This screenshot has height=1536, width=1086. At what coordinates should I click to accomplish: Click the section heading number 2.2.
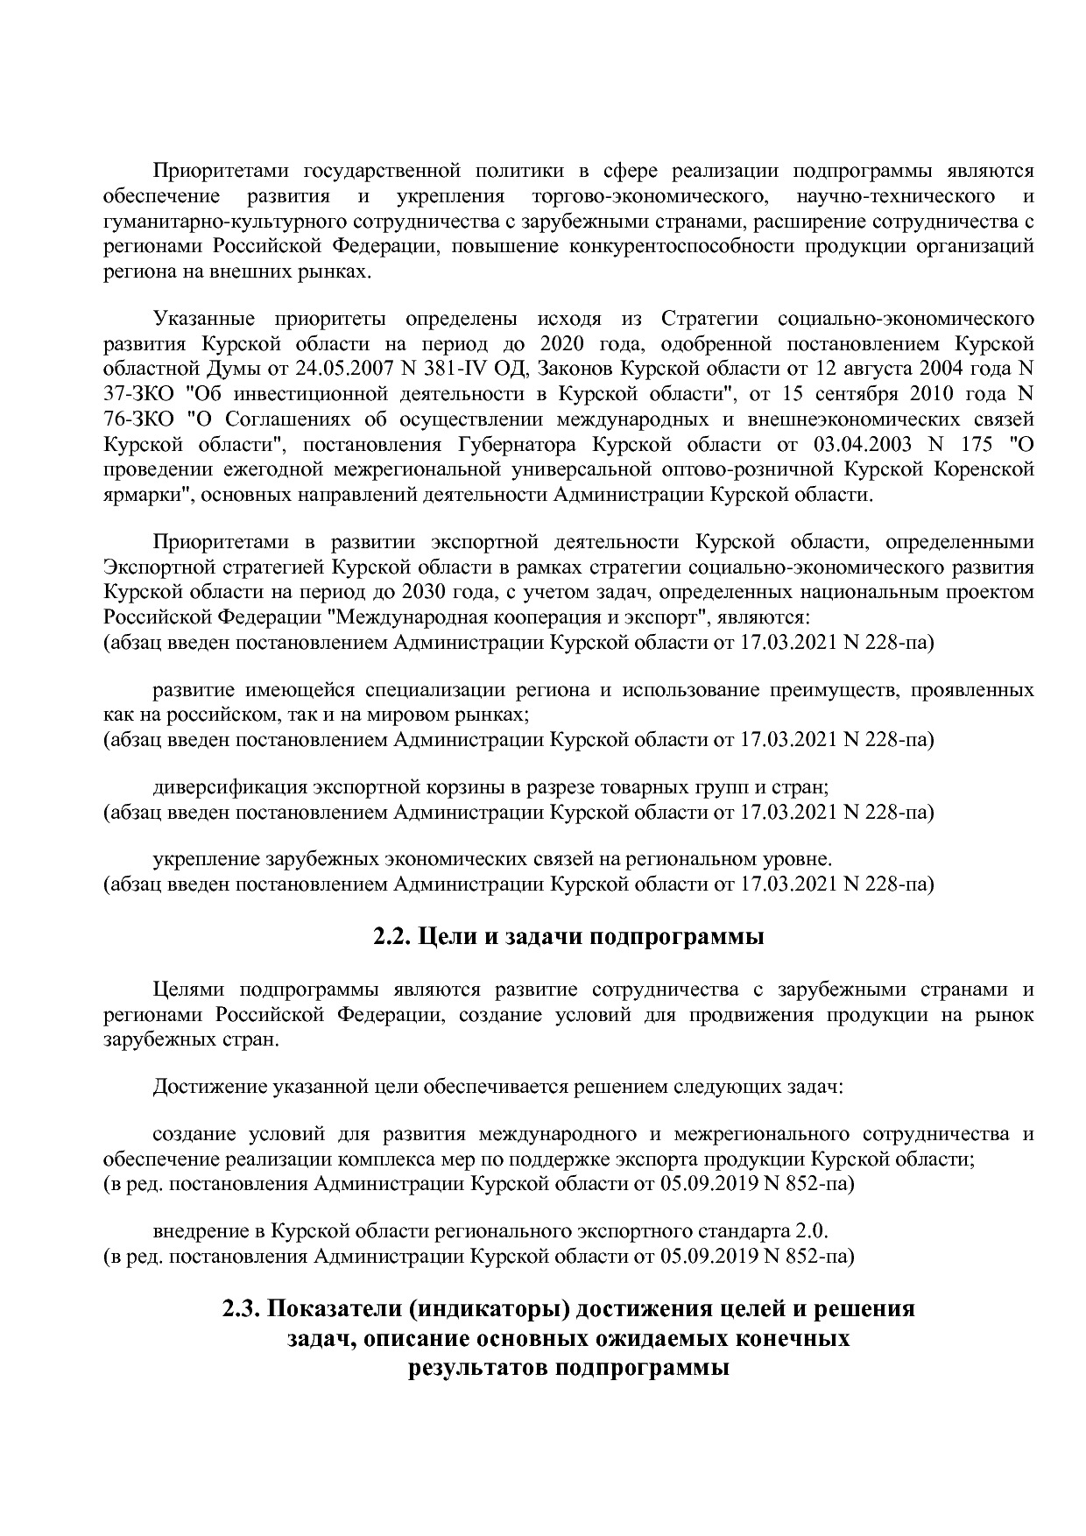393,937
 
